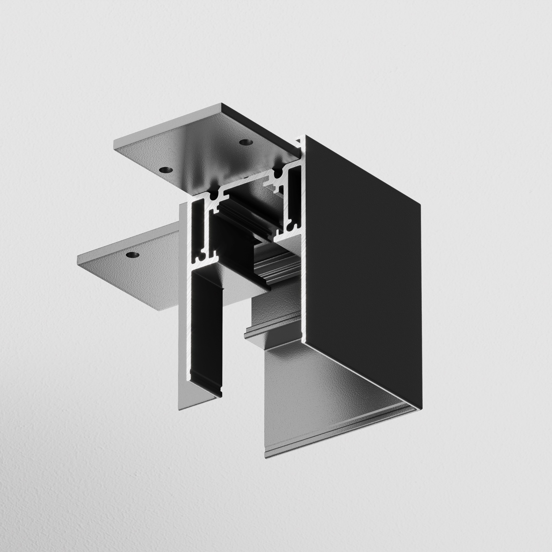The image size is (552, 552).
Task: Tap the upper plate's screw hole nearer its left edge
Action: click(166, 170)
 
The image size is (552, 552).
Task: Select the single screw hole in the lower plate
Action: click(132, 254)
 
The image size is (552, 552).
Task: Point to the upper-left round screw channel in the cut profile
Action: click(213, 197)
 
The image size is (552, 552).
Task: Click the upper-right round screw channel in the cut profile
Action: click(277, 172)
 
